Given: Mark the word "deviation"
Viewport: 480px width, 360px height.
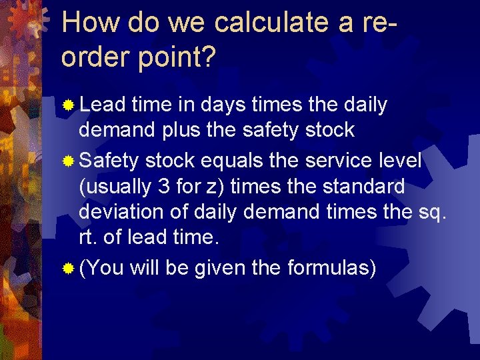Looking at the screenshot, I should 121,212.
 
